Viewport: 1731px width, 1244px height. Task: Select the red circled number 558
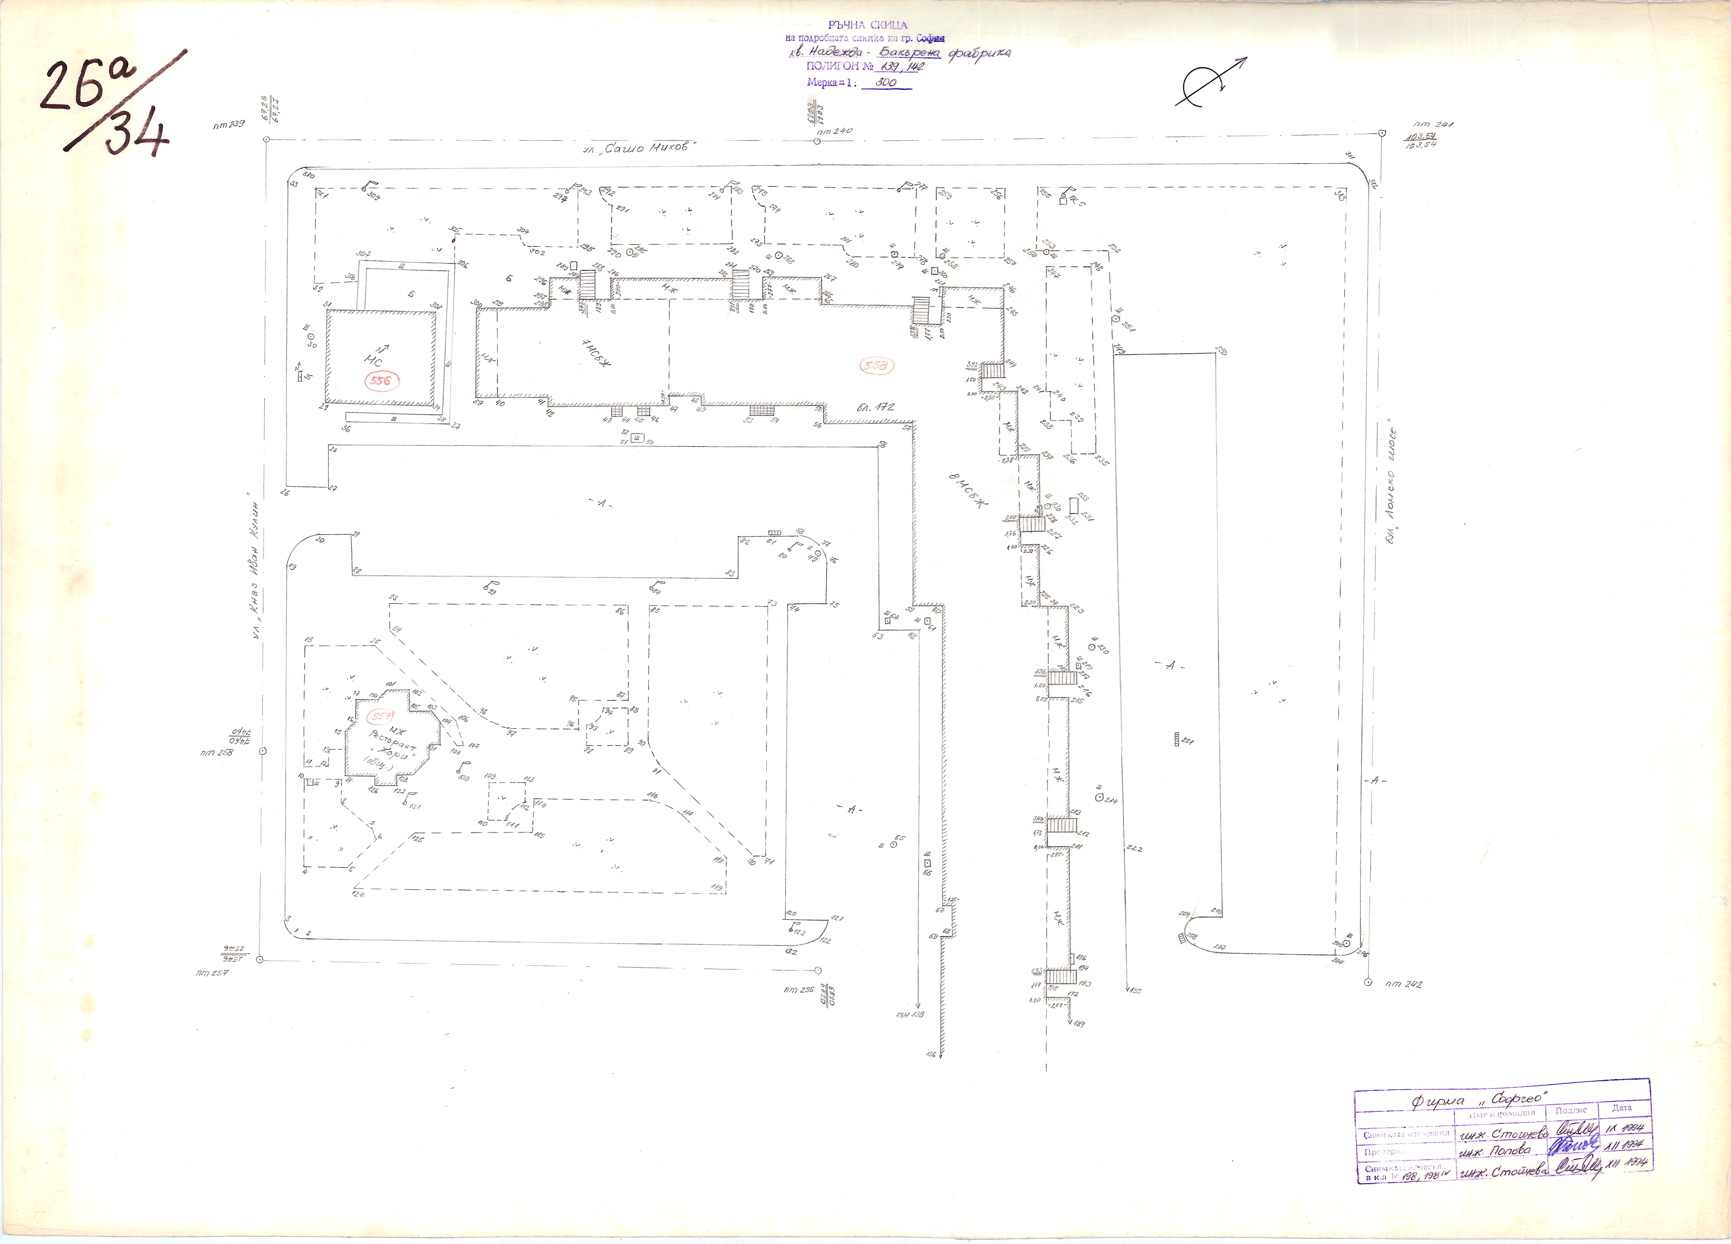tap(876, 366)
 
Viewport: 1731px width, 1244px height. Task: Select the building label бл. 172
tap(875, 408)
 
